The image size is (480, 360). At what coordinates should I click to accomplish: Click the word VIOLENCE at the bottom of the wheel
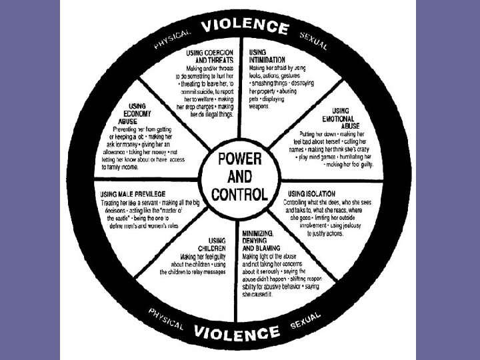237,332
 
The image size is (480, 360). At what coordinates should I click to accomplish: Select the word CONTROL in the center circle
239,195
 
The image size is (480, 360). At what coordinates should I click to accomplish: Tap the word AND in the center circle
239,178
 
